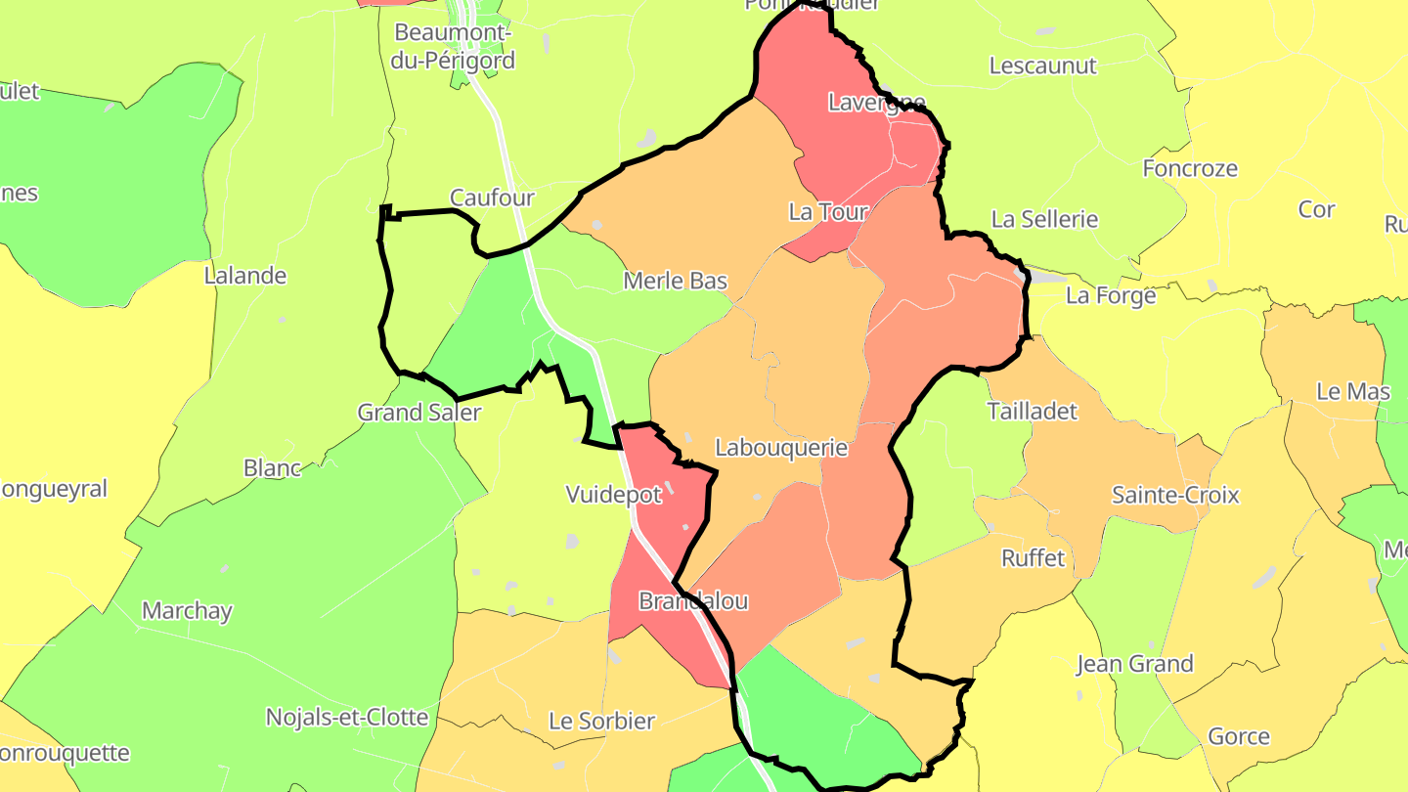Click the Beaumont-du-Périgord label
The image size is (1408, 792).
(x=454, y=46)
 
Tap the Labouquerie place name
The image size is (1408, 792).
(x=781, y=448)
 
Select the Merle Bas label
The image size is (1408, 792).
(x=676, y=282)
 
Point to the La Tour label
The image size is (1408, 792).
(x=828, y=212)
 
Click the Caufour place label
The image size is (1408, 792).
(x=492, y=198)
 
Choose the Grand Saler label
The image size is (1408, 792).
(x=418, y=413)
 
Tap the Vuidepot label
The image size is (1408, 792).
(x=614, y=495)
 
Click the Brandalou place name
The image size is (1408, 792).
(x=693, y=601)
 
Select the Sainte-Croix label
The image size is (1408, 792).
(x=1175, y=496)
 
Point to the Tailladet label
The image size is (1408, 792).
(x=1033, y=412)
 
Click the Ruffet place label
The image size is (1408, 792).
(x=1033, y=558)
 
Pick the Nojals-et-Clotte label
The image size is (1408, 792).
(x=347, y=718)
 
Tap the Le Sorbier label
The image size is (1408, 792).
(x=601, y=722)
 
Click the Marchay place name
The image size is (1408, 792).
(x=187, y=612)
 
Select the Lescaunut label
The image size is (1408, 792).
(x=1043, y=66)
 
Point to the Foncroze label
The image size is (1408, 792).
(x=1190, y=169)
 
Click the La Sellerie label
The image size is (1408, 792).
(x=1044, y=220)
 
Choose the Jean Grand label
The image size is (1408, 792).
(x=1134, y=665)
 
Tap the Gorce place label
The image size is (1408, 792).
(x=1239, y=737)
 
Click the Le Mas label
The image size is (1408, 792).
(x=1353, y=392)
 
